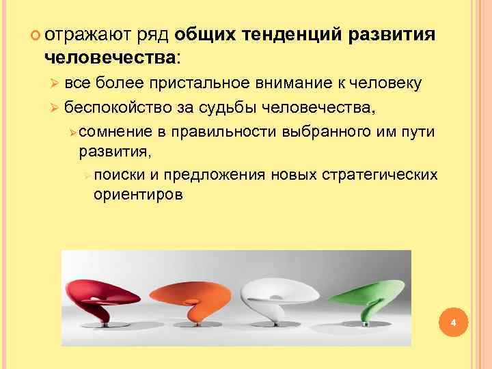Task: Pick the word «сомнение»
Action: click(113, 132)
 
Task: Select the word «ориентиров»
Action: click(139, 195)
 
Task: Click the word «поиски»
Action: click(118, 176)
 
